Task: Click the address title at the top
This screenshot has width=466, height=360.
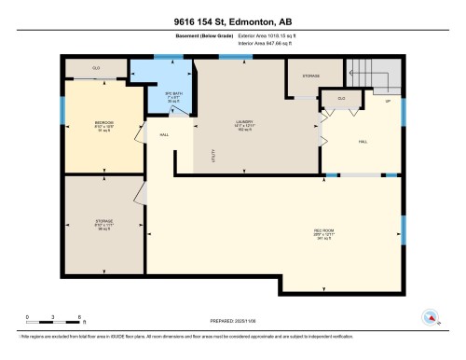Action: [x=232, y=18]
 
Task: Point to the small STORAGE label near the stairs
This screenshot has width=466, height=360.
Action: [x=311, y=76]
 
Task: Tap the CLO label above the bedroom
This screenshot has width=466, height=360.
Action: [x=96, y=69]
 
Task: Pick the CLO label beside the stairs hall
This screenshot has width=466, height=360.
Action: [x=342, y=98]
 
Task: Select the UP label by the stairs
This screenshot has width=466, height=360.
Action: [x=388, y=101]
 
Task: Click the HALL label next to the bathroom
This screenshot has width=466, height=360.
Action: [x=164, y=135]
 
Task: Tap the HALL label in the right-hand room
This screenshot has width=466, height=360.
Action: [x=363, y=142]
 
